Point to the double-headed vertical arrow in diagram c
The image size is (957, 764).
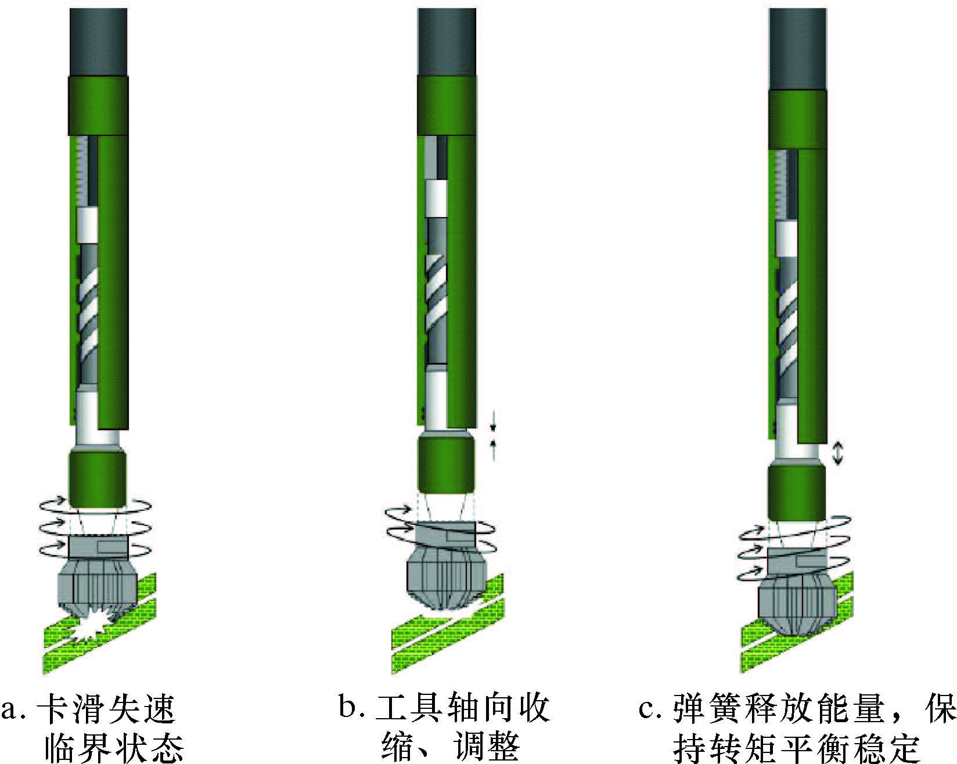[837, 453]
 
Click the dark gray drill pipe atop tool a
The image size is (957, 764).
[98, 42]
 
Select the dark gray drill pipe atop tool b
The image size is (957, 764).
[447, 42]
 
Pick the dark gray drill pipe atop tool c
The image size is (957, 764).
[797, 49]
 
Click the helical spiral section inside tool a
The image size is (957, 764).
[88, 314]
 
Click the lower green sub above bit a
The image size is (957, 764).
[98, 476]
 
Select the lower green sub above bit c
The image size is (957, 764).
[797, 491]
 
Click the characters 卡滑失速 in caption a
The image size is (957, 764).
[106, 708]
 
